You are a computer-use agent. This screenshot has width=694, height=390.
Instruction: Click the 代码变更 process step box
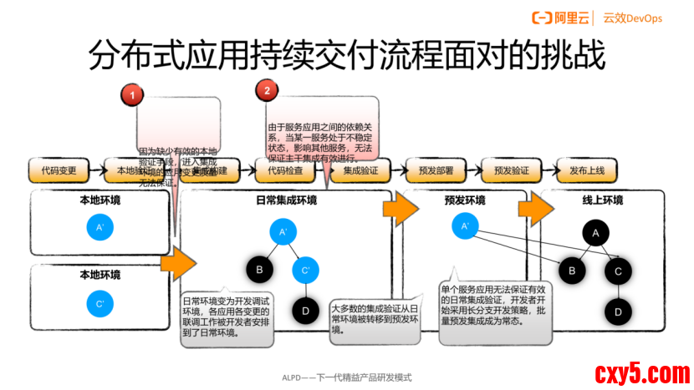[59, 170]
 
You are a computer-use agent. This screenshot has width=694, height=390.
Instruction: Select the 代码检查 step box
[285, 170]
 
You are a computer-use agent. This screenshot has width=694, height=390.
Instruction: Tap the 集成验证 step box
[360, 170]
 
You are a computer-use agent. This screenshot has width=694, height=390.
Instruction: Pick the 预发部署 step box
[436, 170]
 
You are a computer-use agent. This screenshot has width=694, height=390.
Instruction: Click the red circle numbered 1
[134, 96]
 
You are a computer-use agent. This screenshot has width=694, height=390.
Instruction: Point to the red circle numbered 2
[267, 90]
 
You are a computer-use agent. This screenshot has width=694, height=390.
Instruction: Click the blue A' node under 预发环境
[464, 225]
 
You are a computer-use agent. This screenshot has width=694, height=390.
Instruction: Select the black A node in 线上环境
[595, 234]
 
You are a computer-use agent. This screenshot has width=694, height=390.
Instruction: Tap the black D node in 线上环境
[618, 311]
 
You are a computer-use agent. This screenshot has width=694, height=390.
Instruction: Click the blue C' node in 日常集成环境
[305, 270]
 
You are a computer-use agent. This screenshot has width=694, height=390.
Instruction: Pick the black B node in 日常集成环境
[259, 270]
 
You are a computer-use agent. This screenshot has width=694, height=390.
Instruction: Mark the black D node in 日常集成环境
[305, 311]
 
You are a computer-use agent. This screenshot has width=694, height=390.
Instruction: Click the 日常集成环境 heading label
[286, 200]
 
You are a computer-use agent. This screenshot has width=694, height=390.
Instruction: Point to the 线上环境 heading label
[602, 200]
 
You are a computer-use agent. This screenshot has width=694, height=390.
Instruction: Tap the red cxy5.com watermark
[641, 372]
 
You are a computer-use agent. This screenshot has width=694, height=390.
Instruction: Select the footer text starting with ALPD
[346, 377]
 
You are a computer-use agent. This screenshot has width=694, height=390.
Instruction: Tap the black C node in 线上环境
[618, 271]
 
